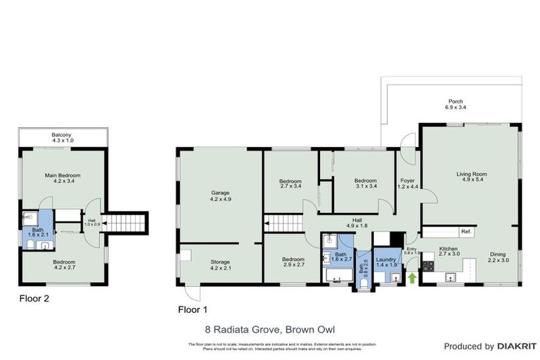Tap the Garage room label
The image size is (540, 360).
221,195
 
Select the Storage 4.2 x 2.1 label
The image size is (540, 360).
221,264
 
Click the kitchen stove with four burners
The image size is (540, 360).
428,265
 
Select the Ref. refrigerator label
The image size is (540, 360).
466,231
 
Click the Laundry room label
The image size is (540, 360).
386,262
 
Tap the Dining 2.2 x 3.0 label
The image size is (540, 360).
498,258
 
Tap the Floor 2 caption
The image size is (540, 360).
34,297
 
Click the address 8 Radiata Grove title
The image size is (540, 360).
270,328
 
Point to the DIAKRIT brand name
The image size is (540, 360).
516,346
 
